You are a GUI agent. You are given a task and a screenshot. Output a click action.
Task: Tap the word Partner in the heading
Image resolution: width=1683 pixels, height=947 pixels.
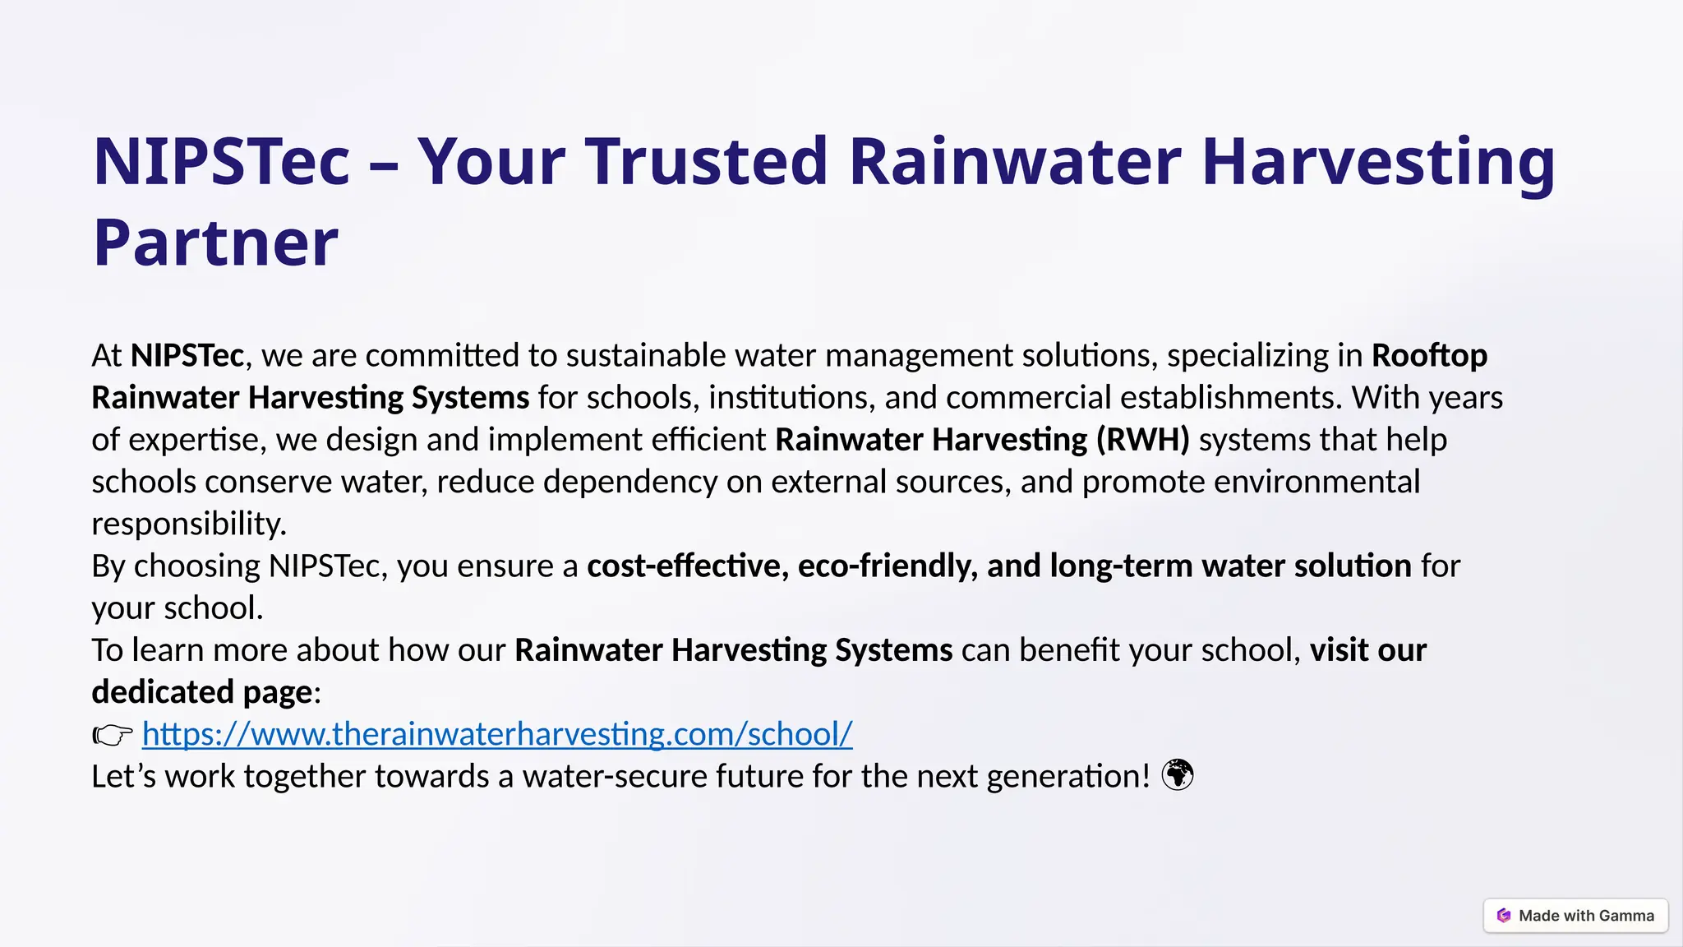pos(215,243)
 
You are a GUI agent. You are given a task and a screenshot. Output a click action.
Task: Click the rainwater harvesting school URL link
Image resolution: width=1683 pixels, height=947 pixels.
pos(497,734)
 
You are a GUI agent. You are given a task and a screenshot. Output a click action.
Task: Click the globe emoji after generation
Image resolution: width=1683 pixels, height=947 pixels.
pos(1178,775)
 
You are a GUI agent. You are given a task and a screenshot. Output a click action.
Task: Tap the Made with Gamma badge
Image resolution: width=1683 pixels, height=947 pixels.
pos(1575,916)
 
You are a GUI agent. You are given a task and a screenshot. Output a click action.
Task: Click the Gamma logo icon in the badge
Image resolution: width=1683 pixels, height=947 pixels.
pos(1504,916)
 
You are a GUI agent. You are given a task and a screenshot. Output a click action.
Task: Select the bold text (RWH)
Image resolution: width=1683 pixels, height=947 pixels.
pos(1142,440)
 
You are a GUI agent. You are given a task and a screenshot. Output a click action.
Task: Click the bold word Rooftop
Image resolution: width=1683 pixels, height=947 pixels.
pos(1429,356)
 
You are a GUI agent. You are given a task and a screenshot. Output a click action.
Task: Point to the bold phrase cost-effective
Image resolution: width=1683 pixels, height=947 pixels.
pos(687,566)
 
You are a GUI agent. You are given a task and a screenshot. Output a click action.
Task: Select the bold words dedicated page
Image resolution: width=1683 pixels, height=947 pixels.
pos(202,692)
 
